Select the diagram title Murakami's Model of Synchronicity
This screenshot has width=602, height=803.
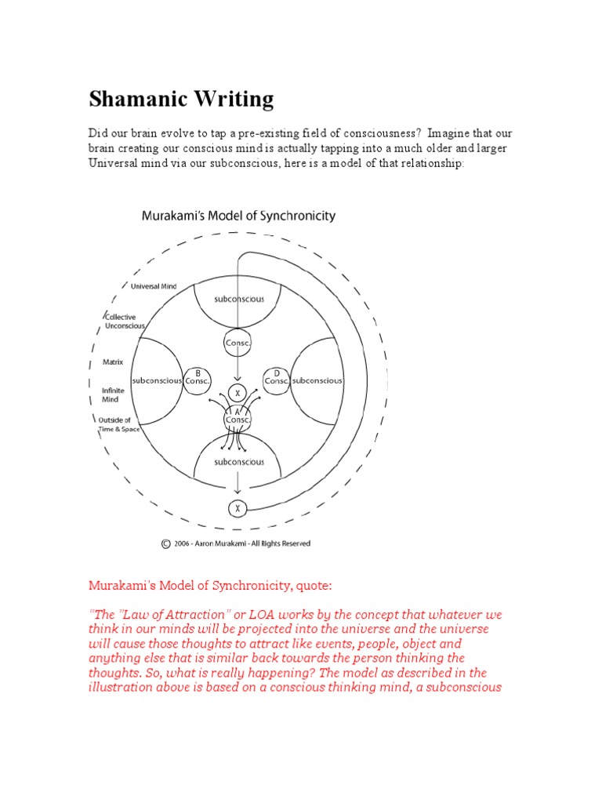tap(238, 215)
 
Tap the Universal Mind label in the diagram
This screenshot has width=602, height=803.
tap(153, 286)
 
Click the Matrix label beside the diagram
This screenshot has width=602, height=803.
tap(113, 362)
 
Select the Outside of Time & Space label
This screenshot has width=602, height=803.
tap(114, 424)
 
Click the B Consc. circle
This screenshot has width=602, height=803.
tap(197, 377)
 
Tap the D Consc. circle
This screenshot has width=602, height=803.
tap(277, 377)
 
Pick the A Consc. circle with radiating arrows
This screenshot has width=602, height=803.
tap(238, 418)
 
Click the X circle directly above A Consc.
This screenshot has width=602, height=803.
tap(238, 392)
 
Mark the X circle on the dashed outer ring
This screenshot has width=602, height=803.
tap(238, 509)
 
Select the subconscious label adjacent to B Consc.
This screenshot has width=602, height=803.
tap(157, 380)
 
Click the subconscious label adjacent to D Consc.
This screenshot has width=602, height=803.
tap(317, 380)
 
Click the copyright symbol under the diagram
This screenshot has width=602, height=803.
tap(165, 543)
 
